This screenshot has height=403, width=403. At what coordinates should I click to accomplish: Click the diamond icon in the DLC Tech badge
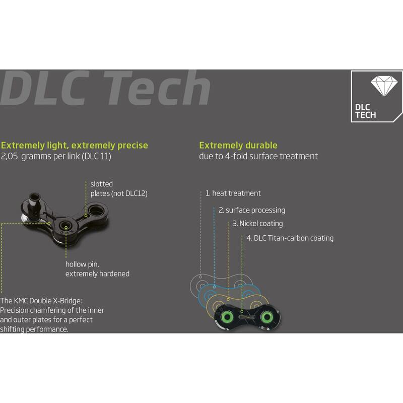[x=384, y=86]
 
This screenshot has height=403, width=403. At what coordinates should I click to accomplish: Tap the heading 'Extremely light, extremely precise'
[x=75, y=146]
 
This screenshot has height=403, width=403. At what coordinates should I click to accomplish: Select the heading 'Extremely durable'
[x=238, y=145]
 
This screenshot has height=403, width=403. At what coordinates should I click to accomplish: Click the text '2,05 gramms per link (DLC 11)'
[x=56, y=156]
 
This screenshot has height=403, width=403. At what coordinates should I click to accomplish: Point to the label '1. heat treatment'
[x=233, y=193]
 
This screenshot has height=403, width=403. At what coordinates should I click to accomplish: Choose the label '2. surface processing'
[x=252, y=210]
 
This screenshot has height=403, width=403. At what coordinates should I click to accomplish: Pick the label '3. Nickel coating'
[x=257, y=224]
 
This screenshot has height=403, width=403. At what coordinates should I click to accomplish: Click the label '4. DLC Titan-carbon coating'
[x=290, y=238]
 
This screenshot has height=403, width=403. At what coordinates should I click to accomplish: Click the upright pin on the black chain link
[x=33, y=206]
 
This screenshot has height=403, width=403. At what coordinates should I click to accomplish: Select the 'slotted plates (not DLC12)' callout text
[x=119, y=188]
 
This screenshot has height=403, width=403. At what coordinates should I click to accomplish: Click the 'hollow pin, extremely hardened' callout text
[x=97, y=269]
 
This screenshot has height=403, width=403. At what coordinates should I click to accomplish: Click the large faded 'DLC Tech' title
[x=105, y=88]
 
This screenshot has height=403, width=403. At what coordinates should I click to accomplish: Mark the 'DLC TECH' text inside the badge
[x=366, y=111]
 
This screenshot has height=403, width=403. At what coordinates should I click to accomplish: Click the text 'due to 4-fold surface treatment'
[x=258, y=156]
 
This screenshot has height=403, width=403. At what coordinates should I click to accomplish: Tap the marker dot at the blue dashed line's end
[x=214, y=287]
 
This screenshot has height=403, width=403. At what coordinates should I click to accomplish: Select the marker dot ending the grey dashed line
[x=200, y=277]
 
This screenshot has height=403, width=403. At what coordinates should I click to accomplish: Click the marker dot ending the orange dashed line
[x=228, y=299]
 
